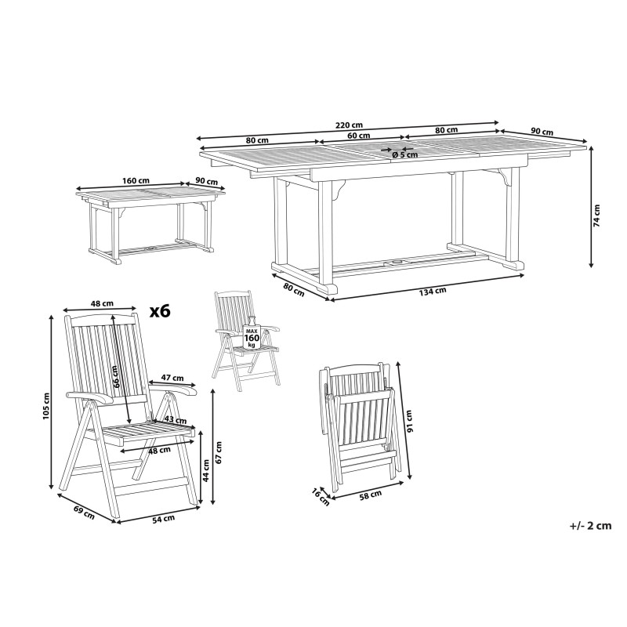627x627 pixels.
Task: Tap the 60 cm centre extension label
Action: point(359,135)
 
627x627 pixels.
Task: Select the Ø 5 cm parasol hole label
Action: point(404,154)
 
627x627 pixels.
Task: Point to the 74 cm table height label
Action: point(596,216)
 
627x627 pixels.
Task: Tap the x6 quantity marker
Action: point(160,310)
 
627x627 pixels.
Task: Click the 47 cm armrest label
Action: point(172,378)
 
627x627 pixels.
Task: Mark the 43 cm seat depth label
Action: point(176,420)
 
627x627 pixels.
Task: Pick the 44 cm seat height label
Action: point(206,471)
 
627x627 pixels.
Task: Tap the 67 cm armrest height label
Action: point(219,452)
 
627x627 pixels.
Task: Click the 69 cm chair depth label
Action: point(84,513)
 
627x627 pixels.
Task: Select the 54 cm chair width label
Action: point(164,518)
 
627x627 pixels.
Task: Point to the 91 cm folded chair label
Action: point(409,422)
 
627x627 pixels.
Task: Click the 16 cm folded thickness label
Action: point(321,497)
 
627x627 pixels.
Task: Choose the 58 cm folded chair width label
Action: point(370,495)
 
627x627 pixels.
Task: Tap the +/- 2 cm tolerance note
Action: point(591,525)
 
